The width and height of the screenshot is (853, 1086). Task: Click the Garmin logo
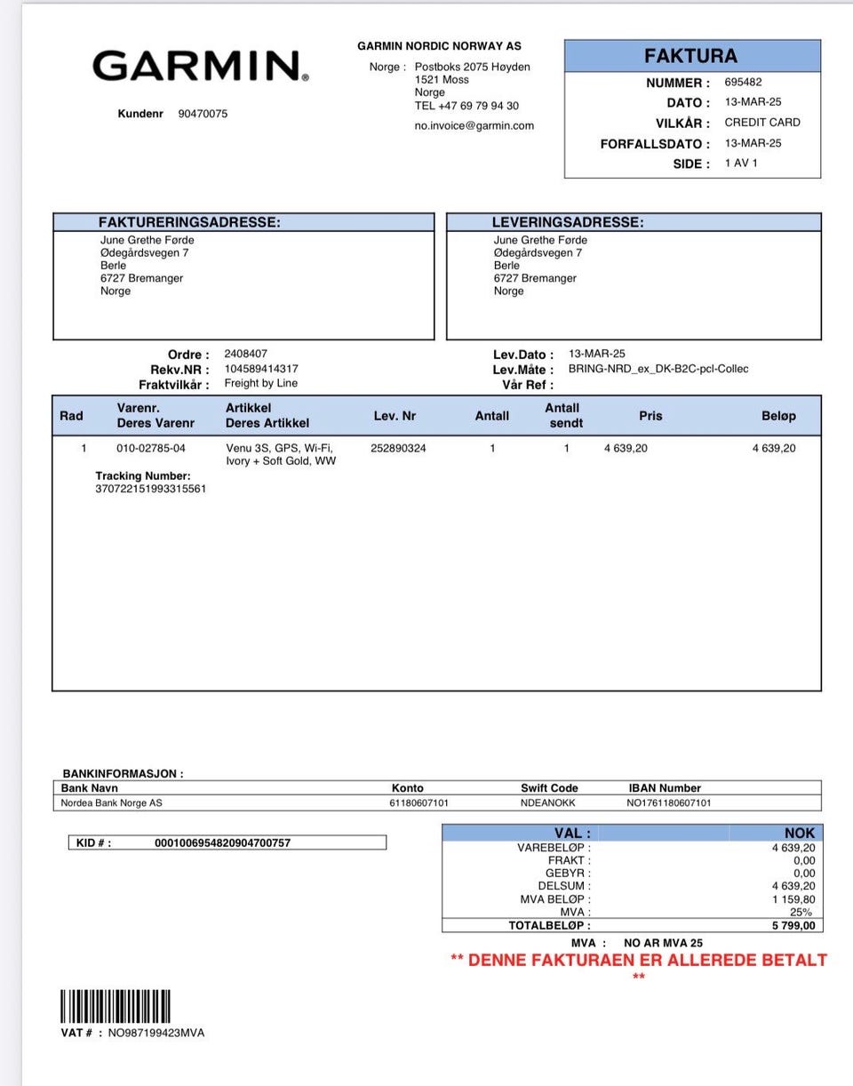[x=200, y=67]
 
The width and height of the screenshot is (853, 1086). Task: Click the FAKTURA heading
[x=690, y=56]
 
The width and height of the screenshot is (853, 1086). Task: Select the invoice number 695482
[x=743, y=82]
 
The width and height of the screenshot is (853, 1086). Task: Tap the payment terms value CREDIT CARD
[x=761, y=123]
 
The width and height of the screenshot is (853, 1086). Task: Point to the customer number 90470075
[x=203, y=114]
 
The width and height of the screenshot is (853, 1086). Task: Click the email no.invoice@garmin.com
[x=474, y=125]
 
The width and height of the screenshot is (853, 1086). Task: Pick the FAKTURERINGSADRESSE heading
[x=189, y=222]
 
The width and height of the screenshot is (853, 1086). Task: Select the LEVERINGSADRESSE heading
[x=568, y=222]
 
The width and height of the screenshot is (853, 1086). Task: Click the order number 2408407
[x=245, y=354]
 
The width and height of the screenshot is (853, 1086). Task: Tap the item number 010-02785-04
[x=151, y=448]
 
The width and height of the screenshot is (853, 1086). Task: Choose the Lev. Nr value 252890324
[x=398, y=448]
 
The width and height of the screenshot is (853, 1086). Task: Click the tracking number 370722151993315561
[x=151, y=489]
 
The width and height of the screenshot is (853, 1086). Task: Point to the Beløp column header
[x=778, y=416]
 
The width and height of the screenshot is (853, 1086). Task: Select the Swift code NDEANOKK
[x=547, y=803]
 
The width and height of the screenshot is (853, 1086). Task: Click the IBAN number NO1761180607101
[x=668, y=803]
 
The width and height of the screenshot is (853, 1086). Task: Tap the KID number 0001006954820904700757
[x=222, y=842]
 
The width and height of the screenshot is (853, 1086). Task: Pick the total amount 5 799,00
[x=793, y=925]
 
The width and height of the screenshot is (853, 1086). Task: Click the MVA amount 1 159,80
[x=793, y=899]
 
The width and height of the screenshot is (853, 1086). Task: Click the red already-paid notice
[x=638, y=961]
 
